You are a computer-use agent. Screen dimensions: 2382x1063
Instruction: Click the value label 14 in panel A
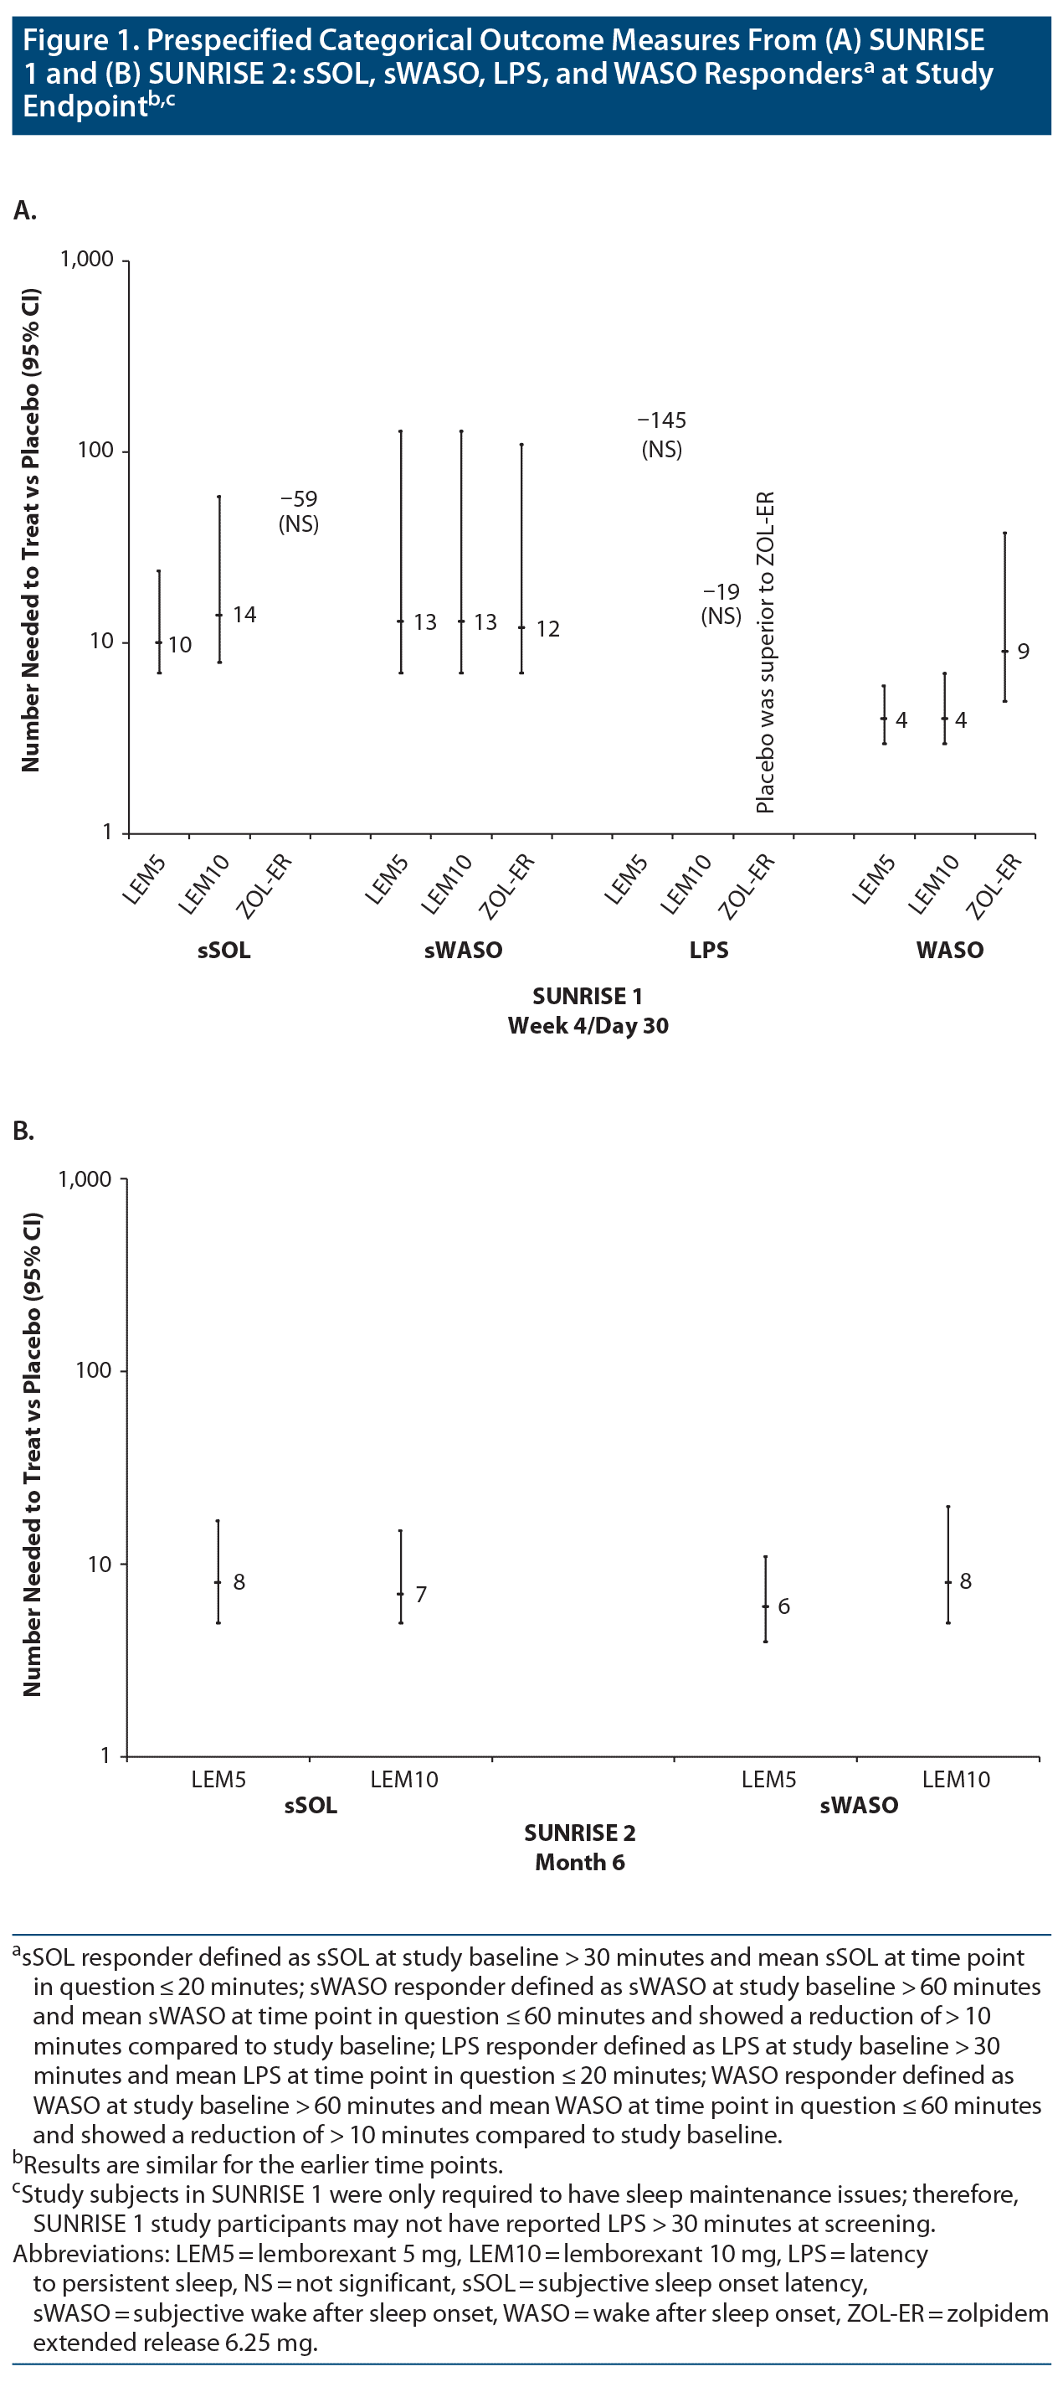point(244,615)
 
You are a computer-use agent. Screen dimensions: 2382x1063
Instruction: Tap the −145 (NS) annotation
point(662,435)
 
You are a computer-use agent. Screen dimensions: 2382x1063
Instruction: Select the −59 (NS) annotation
point(299,512)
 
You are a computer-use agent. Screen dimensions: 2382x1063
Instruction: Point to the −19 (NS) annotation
point(721,604)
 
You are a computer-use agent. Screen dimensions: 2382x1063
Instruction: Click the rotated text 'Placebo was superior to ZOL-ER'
point(765,652)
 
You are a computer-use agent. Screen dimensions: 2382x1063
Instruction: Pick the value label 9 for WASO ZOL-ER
point(1024,652)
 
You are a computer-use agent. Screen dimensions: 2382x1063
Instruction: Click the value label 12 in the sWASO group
point(547,629)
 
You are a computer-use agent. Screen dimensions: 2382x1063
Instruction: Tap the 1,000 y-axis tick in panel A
point(87,259)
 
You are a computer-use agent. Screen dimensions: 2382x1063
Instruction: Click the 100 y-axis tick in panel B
point(94,1370)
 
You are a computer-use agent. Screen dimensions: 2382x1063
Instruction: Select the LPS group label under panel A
point(709,950)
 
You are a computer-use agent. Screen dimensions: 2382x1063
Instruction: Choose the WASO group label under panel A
point(949,950)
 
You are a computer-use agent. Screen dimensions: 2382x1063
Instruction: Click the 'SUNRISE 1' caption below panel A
point(587,996)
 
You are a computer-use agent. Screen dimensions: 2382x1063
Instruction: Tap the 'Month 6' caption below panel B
point(579,1863)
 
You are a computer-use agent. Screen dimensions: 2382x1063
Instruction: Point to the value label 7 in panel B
point(422,1594)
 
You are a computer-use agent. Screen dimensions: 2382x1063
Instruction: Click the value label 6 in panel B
point(783,1606)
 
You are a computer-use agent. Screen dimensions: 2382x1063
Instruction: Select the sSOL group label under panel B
point(311,1805)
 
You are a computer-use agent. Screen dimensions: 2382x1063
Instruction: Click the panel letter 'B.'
point(24,1131)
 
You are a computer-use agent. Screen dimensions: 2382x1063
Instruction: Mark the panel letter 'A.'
point(25,211)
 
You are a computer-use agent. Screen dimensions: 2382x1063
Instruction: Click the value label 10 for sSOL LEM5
point(179,645)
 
